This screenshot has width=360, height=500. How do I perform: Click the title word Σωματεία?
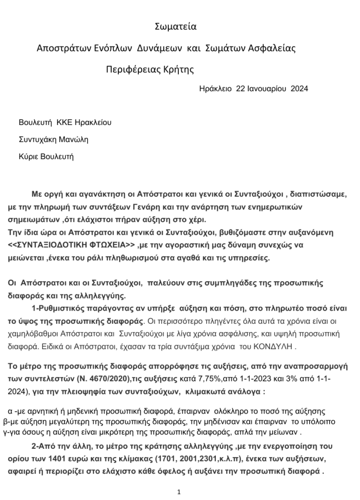pyautogui.click(x=175, y=26)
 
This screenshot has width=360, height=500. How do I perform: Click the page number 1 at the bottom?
pyautogui.click(x=180, y=492)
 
